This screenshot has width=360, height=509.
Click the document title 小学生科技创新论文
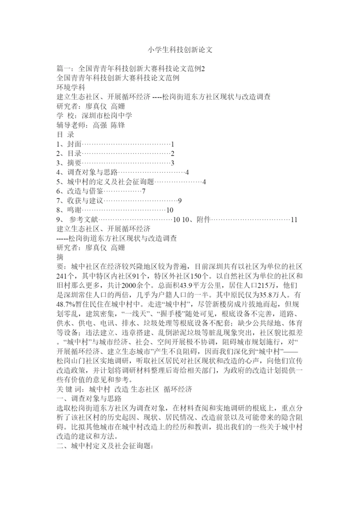tap(180, 50)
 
